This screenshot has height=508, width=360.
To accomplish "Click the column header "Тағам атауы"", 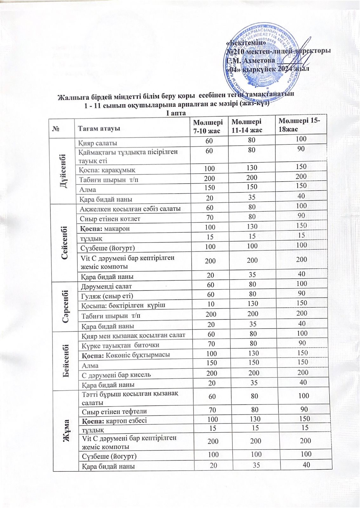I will pos(99,129).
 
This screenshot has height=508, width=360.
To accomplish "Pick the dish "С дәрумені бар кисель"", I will pos(116,375).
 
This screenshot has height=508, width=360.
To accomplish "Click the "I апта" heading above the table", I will pos(176,113).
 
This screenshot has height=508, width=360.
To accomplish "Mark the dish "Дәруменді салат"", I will pos(102,286).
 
